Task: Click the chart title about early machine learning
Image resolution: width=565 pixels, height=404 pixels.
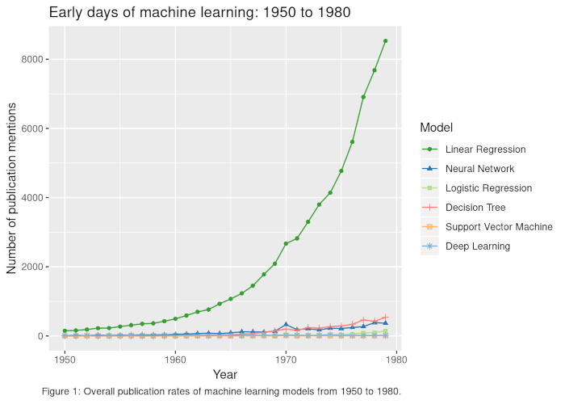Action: pyautogui.click(x=199, y=13)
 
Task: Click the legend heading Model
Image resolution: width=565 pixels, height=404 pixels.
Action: pyautogui.click(x=437, y=128)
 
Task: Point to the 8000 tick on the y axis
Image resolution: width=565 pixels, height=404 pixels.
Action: pyautogui.click(x=32, y=59)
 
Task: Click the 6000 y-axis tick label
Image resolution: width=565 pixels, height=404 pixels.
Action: pyautogui.click(x=32, y=128)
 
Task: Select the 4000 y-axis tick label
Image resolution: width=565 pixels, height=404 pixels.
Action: pyautogui.click(x=32, y=198)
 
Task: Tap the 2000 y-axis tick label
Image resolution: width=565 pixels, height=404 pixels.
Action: pyautogui.click(x=32, y=267)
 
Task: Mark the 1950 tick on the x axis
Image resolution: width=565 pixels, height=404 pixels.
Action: pyautogui.click(x=65, y=360)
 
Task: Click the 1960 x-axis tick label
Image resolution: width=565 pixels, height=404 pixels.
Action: pyautogui.click(x=175, y=360)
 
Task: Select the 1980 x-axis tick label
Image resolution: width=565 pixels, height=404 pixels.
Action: pyautogui.click(x=396, y=360)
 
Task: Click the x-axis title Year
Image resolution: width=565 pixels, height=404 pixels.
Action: pyautogui.click(x=225, y=374)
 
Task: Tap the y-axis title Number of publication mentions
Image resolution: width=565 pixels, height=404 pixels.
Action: pyautogui.click(x=11, y=188)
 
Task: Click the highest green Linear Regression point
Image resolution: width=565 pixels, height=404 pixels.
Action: pyautogui.click(x=385, y=41)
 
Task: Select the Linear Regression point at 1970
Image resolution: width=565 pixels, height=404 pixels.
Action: pyautogui.click(x=286, y=243)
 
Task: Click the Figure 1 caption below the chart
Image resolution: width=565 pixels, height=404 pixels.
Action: pyautogui.click(x=221, y=392)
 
